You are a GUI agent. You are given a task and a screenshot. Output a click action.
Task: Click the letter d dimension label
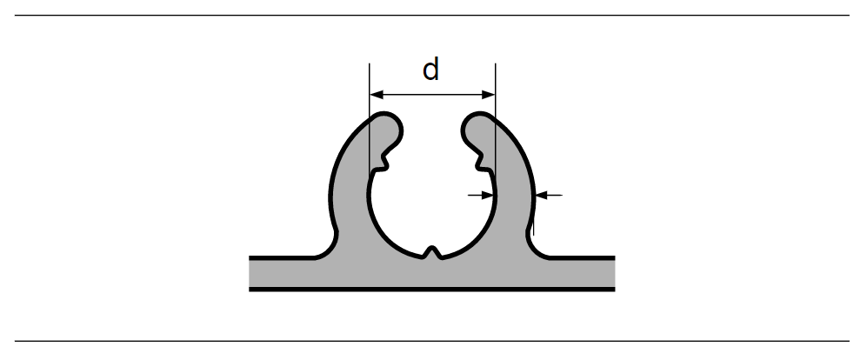pos(430,70)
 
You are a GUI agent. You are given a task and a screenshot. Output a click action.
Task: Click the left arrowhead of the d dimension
pos(376,95)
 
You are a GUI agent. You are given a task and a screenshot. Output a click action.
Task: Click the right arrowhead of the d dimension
pos(489,95)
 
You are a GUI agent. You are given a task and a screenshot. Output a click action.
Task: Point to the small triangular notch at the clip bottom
pos(432,252)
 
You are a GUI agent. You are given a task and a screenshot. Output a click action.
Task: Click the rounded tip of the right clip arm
pos(476,127)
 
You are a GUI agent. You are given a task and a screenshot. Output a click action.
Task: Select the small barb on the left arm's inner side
pos(382,163)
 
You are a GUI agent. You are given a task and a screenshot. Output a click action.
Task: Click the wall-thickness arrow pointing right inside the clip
pos(481,195)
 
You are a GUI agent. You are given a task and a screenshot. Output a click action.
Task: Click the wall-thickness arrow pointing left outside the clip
pos(549,195)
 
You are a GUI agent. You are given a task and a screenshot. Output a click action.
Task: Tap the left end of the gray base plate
pos(250,273)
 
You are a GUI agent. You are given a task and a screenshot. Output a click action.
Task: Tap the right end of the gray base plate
pos(613,273)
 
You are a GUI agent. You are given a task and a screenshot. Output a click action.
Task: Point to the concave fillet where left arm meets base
pos(330,249)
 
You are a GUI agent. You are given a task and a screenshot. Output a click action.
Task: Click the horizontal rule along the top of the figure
pos(432,16)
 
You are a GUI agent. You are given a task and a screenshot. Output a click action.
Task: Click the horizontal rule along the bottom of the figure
pos(432,341)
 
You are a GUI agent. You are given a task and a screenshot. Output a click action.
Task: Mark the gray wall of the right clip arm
pos(514,183)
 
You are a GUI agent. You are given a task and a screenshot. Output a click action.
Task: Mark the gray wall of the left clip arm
pos(350,183)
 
